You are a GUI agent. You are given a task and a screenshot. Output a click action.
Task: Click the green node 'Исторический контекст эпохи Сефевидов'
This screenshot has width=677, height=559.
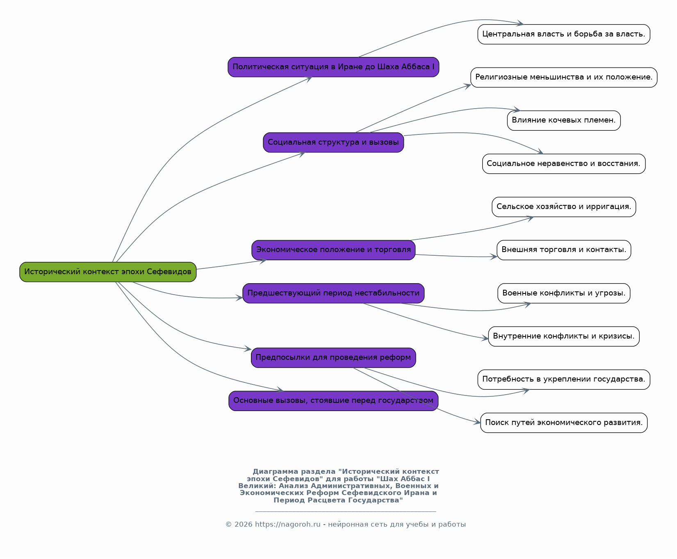(x=108, y=272)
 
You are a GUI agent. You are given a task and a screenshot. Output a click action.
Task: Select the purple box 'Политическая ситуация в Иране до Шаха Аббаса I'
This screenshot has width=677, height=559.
(x=333, y=67)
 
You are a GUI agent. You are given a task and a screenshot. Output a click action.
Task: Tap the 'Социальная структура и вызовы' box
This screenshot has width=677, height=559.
(x=333, y=142)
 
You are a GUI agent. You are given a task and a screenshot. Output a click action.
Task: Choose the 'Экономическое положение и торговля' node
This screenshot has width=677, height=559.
(x=333, y=250)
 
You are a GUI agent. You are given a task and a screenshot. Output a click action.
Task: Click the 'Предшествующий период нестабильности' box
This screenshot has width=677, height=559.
(x=333, y=293)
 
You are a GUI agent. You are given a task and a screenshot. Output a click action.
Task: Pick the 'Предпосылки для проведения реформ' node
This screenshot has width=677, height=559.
(x=333, y=358)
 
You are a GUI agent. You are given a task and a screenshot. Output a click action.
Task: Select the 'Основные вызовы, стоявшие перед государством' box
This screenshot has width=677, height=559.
(x=333, y=401)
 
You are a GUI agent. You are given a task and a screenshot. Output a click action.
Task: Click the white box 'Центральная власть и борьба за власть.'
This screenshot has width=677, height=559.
(x=564, y=34)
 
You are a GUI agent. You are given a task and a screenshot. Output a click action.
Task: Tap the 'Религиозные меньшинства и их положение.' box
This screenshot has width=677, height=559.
(x=564, y=77)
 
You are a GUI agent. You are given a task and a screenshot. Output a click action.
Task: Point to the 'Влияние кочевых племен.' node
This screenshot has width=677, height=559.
(x=564, y=120)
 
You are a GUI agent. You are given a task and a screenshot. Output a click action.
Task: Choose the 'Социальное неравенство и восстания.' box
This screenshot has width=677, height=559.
(x=564, y=164)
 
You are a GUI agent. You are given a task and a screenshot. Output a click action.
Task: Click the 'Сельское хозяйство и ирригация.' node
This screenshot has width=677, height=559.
(x=564, y=207)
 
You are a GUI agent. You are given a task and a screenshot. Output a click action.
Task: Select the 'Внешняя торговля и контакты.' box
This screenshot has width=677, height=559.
(x=564, y=250)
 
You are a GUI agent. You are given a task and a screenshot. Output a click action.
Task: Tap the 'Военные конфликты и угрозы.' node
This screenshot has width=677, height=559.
(x=564, y=293)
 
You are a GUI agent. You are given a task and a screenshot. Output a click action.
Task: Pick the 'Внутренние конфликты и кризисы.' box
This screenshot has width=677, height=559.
(x=564, y=336)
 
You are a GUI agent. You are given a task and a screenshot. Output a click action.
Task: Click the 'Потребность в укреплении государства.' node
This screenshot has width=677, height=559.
(x=564, y=379)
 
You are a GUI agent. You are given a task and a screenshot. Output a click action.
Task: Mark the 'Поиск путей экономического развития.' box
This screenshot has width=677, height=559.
(x=564, y=423)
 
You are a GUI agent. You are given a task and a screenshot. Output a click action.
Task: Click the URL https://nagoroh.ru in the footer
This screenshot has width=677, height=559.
(x=287, y=525)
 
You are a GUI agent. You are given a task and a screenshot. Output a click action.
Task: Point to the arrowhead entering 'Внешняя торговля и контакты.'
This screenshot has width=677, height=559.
(x=494, y=257)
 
